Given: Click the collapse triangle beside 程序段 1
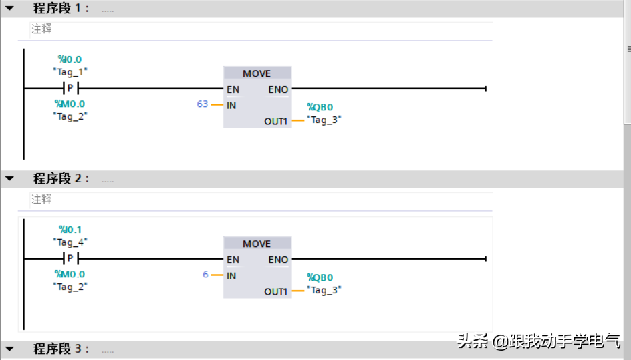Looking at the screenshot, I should pyautogui.click(x=9, y=9).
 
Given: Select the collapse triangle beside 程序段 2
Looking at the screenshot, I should pyautogui.click(x=9, y=179).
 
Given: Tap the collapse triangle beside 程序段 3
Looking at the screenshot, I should pyautogui.click(x=9, y=349).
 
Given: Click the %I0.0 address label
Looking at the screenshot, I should pyautogui.click(x=70, y=59).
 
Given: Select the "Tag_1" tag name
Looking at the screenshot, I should pyautogui.click(x=70, y=71).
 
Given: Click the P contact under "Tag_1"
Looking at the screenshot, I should pyautogui.click(x=70, y=89).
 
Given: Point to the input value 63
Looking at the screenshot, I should pyautogui.click(x=202, y=104).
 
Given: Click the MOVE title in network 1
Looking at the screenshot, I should pyautogui.click(x=257, y=73).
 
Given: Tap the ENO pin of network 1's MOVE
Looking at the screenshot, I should pyautogui.click(x=278, y=89).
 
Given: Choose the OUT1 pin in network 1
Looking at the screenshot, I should pyautogui.click(x=275, y=122).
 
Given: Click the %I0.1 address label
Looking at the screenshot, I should pyautogui.click(x=70, y=230).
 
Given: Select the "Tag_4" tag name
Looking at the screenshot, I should pyautogui.click(x=70, y=242).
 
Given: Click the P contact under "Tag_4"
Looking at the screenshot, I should pyautogui.click(x=70, y=259).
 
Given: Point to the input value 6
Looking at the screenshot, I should pyautogui.click(x=205, y=275).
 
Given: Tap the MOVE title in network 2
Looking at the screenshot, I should pyautogui.click(x=257, y=244).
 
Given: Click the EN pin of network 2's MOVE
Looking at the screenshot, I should pyautogui.click(x=233, y=260).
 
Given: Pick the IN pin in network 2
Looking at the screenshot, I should pyautogui.click(x=231, y=275).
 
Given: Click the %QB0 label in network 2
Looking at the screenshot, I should pyautogui.click(x=320, y=277).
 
